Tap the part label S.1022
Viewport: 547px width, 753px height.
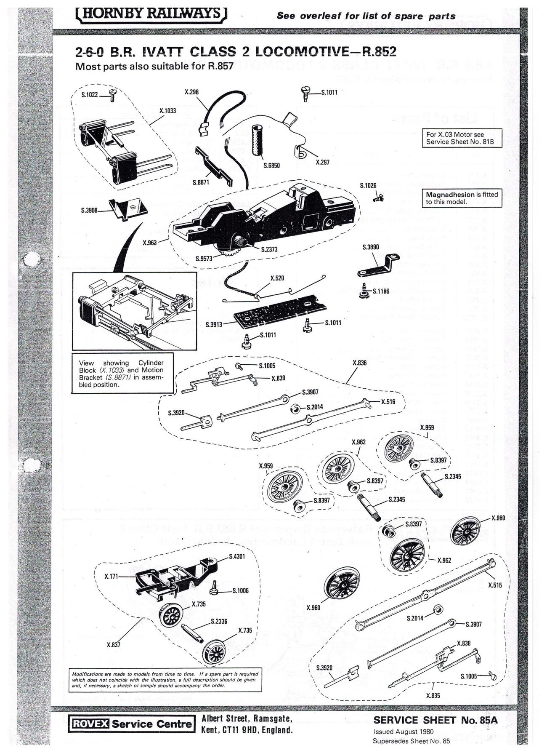[89, 95]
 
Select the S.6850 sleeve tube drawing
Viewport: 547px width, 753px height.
[257, 141]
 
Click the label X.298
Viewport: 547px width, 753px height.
[191, 92]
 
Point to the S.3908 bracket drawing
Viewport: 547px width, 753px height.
[128, 209]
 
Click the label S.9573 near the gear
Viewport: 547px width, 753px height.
[204, 259]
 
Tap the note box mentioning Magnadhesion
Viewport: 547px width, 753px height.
[462, 198]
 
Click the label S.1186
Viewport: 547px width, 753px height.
[381, 291]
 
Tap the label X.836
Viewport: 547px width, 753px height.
[359, 363]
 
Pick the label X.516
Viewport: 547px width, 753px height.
[388, 402]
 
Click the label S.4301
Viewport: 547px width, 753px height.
[237, 556]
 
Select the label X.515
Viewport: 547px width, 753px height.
[495, 585]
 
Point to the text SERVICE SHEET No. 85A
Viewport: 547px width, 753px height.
[435, 720]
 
